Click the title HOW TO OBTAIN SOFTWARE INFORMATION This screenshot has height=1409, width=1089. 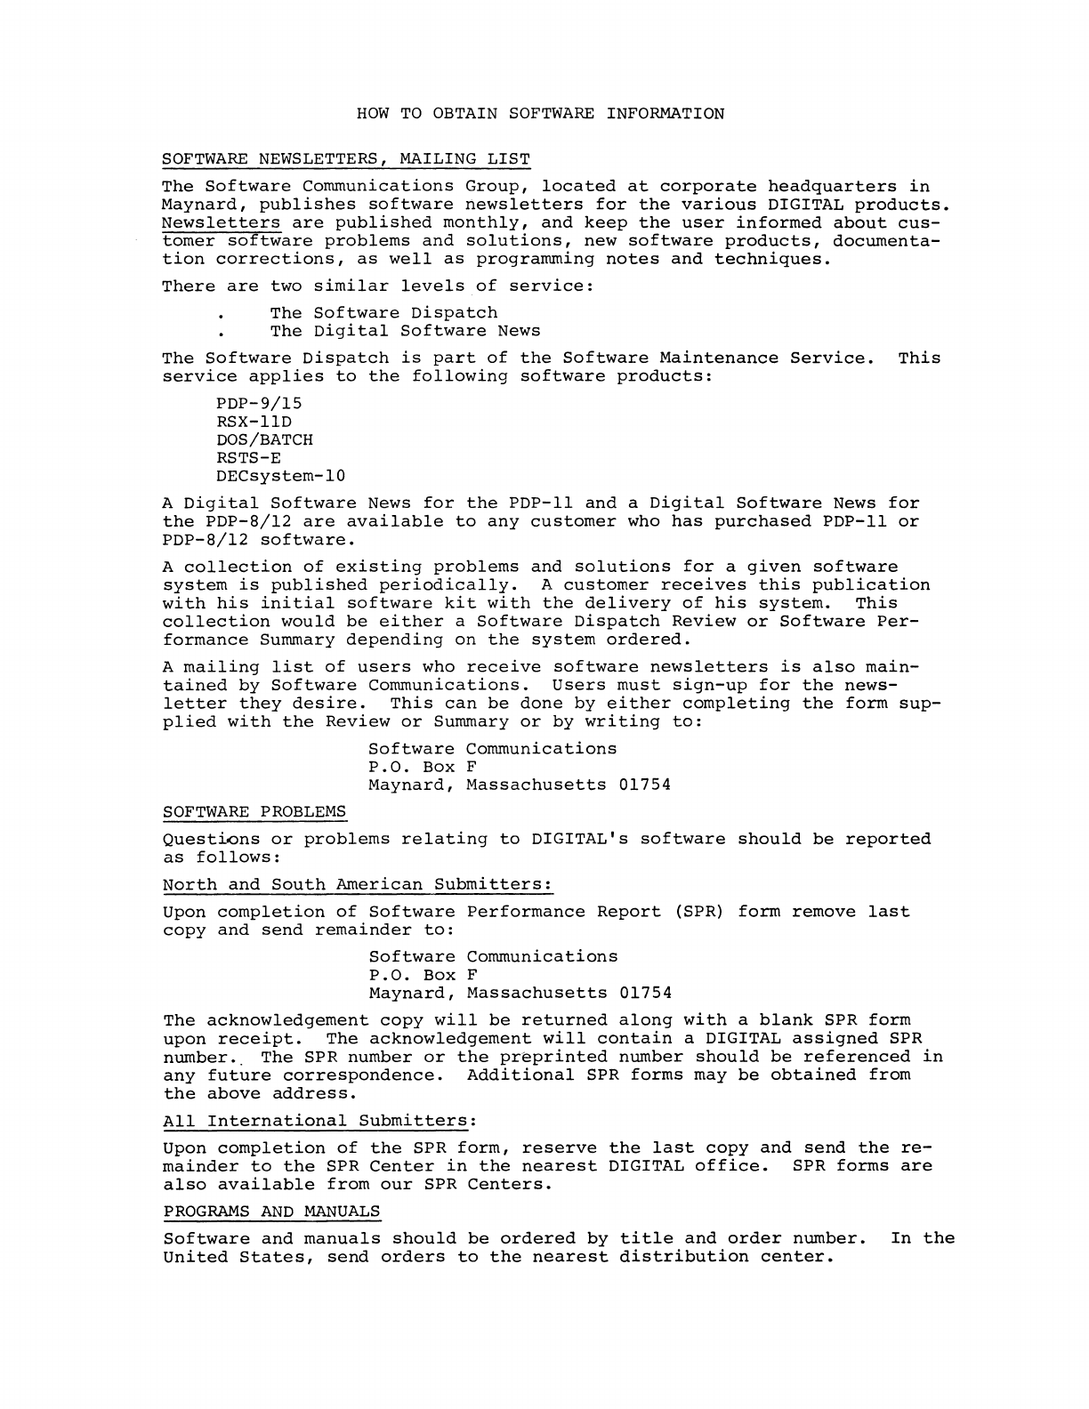pyautogui.click(x=540, y=114)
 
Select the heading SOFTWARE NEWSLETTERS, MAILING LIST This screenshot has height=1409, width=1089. pyautogui.click(x=346, y=159)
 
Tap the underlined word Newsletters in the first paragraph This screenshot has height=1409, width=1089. pyautogui.click(x=222, y=223)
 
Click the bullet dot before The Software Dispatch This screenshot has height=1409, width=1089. pyautogui.click(x=219, y=316)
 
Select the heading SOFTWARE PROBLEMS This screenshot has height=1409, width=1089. pyautogui.click(x=255, y=812)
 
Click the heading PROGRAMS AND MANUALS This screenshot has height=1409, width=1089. pyautogui.click(x=271, y=1212)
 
